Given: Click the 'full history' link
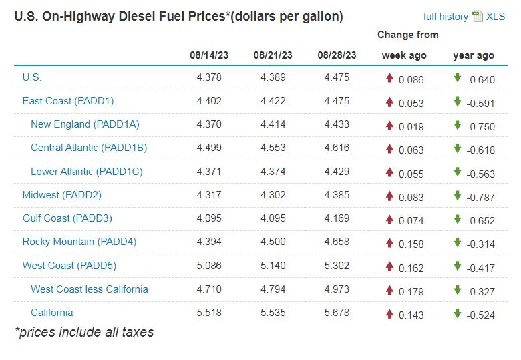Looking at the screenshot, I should point(446,17).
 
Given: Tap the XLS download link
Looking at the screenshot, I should point(496,17).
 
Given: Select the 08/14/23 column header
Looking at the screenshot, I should point(209,55).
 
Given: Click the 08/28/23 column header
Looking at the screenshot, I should point(337,55).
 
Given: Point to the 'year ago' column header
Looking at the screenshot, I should point(474,55).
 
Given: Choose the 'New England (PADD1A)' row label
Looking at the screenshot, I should point(85,124).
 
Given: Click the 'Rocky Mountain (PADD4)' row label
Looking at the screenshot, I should point(79,242).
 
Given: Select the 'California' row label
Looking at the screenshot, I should point(52,313).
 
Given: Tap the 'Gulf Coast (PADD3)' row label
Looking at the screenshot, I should point(67,218).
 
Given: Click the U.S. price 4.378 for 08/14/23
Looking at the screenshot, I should point(209,77).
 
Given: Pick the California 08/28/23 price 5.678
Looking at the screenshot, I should point(337,313).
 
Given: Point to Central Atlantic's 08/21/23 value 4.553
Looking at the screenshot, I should point(273,148).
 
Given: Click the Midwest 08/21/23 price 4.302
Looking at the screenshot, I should point(273,195).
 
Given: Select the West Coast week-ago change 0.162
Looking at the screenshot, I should point(411,266).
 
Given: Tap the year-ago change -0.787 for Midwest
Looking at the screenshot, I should point(481,196).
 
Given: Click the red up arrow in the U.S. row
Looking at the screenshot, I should point(389,78).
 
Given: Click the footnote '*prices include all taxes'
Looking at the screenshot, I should point(84,332).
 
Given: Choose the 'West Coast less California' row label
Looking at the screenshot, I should point(90,289).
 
